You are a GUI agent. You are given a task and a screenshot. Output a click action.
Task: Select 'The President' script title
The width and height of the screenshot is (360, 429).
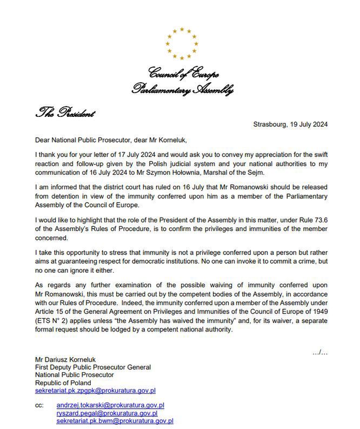point(65,113)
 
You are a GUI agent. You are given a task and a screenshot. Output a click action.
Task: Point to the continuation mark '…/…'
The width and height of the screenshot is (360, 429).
point(319,352)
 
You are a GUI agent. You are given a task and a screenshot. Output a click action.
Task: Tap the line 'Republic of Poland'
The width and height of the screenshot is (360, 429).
point(63,382)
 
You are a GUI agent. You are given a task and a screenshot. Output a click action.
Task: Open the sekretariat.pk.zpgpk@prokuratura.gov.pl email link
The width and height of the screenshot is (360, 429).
point(95,390)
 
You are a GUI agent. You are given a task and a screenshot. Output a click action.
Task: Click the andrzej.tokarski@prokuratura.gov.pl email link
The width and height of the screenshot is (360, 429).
point(110,405)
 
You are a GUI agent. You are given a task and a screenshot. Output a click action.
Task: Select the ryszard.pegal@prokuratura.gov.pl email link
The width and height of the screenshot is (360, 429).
point(107,413)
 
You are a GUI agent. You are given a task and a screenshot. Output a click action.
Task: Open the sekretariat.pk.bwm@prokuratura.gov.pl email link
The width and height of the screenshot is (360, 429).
point(115,420)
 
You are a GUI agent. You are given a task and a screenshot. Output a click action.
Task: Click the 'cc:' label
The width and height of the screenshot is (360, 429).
point(39,405)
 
